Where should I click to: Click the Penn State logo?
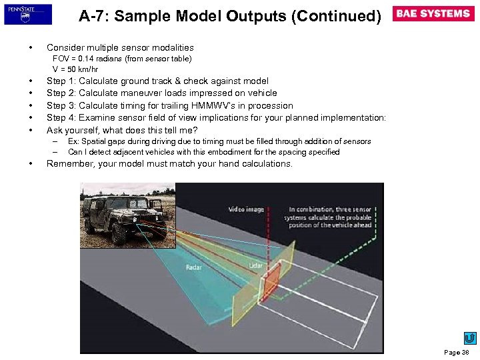tap(27, 14)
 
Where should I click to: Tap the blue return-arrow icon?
tap(469, 338)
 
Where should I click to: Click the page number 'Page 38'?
tap(457, 352)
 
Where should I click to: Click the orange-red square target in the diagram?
tap(272, 285)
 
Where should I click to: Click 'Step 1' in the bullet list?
tap(60, 81)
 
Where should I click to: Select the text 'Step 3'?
tap(60, 105)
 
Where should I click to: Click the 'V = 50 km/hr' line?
tap(75, 69)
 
